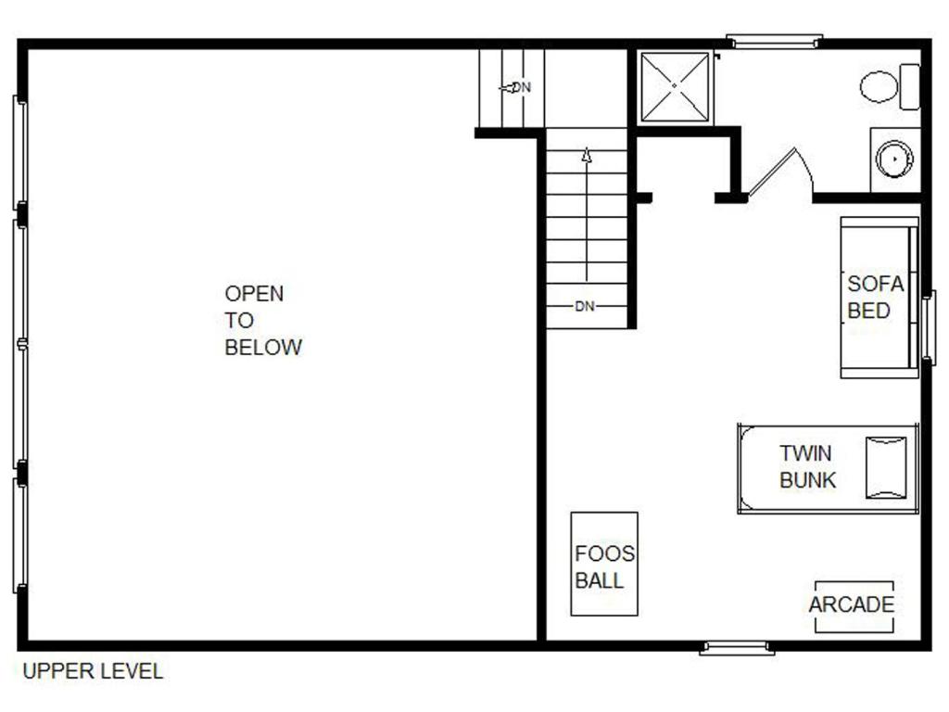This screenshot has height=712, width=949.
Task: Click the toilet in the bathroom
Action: (890, 86)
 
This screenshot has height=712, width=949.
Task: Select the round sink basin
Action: (894, 159)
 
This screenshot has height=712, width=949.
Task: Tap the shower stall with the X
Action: (675, 86)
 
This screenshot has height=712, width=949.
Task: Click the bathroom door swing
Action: (780, 172)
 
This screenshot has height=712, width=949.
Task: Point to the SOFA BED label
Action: (875, 297)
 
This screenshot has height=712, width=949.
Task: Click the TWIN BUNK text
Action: (807, 467)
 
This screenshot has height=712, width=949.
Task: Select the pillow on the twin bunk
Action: (886, 467)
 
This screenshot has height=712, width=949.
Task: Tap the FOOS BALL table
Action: (604, 564)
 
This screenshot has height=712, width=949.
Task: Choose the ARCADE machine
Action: (854, 606)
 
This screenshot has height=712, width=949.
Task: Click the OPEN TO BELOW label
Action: (262, 320)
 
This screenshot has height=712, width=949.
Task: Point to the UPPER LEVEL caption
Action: (93, 671)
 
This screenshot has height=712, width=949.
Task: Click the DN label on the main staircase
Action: (585, 306)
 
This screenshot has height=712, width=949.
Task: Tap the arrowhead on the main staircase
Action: (586, 155)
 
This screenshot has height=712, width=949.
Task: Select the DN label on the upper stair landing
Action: (521, 87)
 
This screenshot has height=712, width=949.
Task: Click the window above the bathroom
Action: (774, 41)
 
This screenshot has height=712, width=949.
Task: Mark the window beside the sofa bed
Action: (929, 327)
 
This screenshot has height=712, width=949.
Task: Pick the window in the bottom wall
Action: (737, 648)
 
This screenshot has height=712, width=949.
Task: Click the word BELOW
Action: (262, 347)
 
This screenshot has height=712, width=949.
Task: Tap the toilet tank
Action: (910, 86)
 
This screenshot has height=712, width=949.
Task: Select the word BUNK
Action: (807, 480)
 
